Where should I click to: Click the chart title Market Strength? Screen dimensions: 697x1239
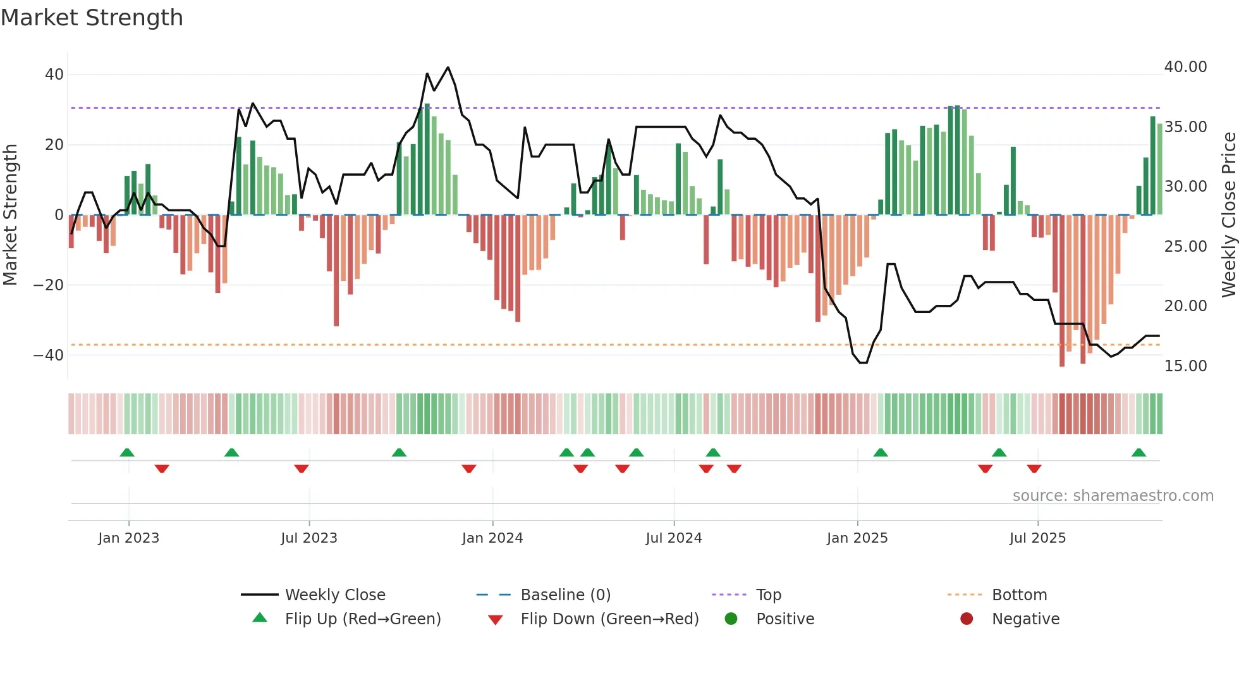(92, 18)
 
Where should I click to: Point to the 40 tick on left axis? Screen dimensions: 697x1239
(54, 75)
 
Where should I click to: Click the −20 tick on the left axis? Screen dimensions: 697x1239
(49, 285)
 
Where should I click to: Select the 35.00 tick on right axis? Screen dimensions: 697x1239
(1185, 127)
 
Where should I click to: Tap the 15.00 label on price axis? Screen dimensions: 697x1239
(1185, 366)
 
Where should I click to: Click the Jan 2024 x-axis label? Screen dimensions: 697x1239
(492, 538)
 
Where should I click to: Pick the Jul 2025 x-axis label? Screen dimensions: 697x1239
(1037, 538)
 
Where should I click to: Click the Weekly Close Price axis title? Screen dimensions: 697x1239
(1228, 215)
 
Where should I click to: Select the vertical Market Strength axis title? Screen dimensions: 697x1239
(11, 215)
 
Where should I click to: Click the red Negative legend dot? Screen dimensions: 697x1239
(967, 619)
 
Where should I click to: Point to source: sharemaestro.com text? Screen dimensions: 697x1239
(1113, 496)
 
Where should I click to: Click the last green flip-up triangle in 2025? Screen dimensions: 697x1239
(1138, 453)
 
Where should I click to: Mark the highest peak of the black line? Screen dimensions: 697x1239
(448, 67)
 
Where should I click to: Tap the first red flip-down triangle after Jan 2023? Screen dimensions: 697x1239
(162, 469)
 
